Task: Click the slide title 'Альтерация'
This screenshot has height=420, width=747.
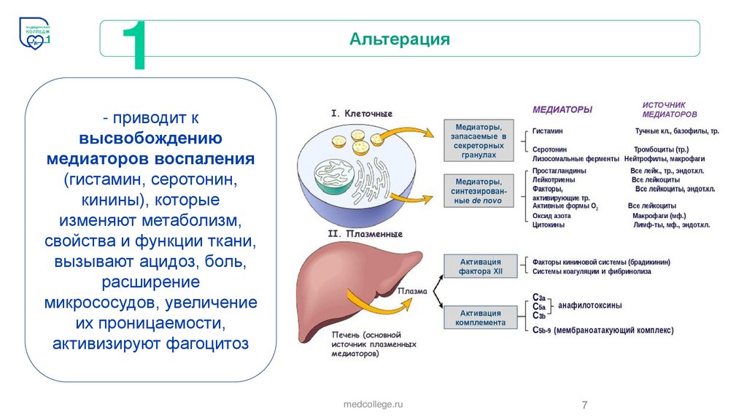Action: click(399, 39)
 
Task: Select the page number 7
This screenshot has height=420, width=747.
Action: click(584, 405)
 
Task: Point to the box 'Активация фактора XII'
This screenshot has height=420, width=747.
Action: click(480, 267)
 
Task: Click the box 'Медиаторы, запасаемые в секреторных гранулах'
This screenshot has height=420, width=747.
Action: click(480, 141)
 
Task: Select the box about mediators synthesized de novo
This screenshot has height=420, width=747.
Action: click(480, 191)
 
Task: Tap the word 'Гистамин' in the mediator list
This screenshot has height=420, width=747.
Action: click(547, 131)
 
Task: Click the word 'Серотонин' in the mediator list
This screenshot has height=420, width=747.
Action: click(550, 149)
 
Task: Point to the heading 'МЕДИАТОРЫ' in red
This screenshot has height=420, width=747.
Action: click(562, 110)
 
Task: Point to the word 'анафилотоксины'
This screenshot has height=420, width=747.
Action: click(590, 306)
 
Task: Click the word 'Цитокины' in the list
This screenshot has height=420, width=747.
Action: click(549, 225)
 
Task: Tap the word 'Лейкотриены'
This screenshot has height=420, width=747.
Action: click(554, 179)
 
